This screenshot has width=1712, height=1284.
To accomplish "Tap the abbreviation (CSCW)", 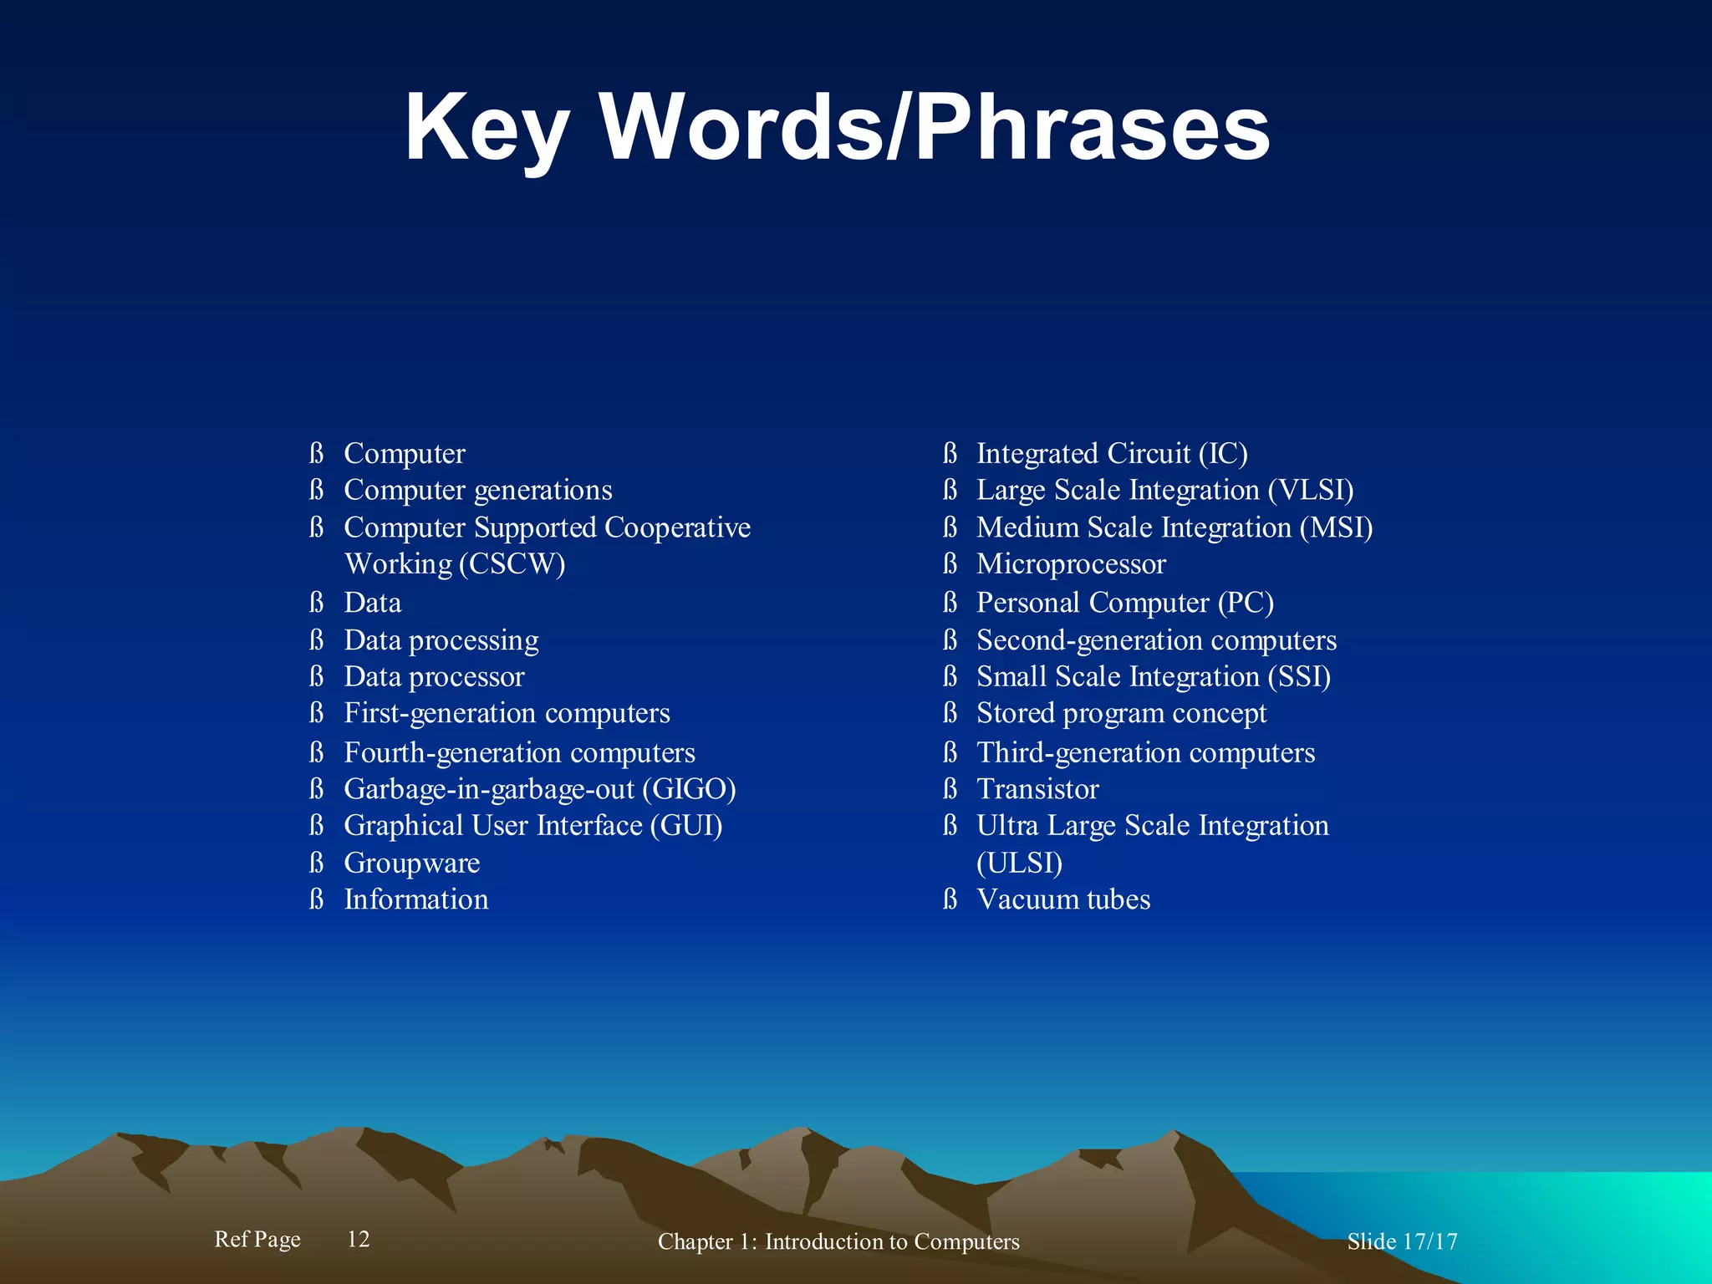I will tap(512, 564).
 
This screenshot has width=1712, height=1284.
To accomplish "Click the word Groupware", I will tap(412, 863).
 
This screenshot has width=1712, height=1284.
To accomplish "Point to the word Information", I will tap(416, 899).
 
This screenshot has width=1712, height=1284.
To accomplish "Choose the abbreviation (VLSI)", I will tap(1310, 490).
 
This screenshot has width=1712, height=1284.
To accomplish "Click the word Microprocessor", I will tap(1071, 564).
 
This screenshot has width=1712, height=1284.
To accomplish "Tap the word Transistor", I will tap(1037, 789).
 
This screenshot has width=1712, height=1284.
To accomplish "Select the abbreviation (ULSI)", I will tap(1019, 863).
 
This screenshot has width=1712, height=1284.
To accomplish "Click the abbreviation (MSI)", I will tap(1336, 527).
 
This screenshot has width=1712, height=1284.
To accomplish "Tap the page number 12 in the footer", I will tap(359, 1239).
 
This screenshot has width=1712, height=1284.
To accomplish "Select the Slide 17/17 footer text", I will tap(1402, 1241).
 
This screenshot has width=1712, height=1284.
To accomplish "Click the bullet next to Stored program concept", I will tap(950, 713).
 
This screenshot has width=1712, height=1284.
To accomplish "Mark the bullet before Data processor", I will tap(316, 676).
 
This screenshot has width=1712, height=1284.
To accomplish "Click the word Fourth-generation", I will tap(452, 753).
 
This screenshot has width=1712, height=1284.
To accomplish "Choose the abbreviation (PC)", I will tap(1246, 603).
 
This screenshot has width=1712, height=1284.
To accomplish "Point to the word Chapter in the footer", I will tap(695, 1241).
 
